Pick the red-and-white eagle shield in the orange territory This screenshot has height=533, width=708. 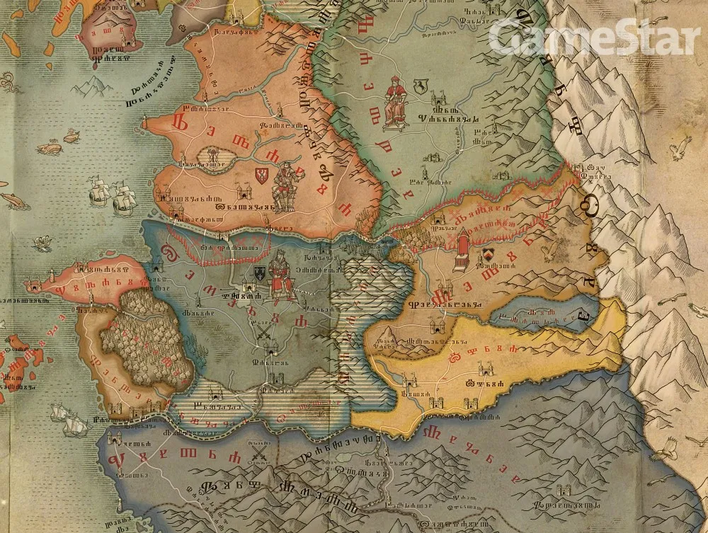pos(262,176)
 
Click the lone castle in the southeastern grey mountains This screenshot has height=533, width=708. pos(564,490)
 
